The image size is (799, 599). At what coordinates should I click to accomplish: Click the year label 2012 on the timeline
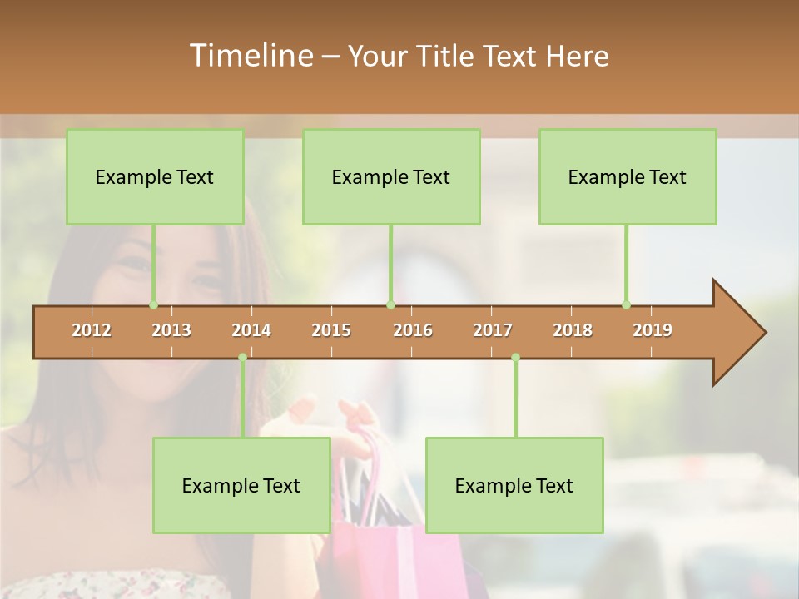(92, 330)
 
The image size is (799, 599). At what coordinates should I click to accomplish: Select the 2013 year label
(171, 330)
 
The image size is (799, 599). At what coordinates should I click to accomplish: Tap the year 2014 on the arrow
(251, 330)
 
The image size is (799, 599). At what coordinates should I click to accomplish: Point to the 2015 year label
(331, 330)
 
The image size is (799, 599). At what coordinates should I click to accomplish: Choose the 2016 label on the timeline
(413, 330)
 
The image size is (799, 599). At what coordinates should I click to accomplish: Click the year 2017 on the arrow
(493, 330)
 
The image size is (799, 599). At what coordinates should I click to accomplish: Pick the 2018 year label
(573, 330)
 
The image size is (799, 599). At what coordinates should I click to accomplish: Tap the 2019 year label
(653, 330)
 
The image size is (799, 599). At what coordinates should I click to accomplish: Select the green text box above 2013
(155, 176)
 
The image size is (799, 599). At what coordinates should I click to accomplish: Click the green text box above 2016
(391, 176)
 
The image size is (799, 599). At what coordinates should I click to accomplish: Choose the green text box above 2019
(628, 176)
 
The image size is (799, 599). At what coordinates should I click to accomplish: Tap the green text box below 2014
(241, 485)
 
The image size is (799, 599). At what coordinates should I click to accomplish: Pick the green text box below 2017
(514, 485)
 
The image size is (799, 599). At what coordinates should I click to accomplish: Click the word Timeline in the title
(250, 56)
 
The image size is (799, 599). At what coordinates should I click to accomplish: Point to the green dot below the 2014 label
(243, 358)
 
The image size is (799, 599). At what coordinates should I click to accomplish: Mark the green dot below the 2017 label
(515, 358)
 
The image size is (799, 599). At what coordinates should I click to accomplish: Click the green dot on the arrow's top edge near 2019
(627, 304)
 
